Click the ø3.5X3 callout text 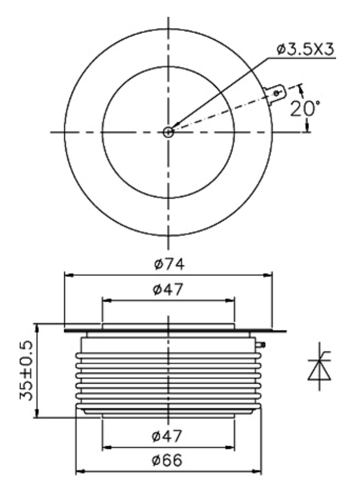click(305, 49)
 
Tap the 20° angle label click(305, 109)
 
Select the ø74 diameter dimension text click(169, 264)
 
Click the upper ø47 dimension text click(168, 289)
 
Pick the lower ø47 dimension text click(167, 436)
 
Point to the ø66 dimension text click(167, 460)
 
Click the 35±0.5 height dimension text click(26, 371)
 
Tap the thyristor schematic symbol click(319, 367)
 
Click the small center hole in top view click(168, 132)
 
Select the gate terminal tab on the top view click(275, 94)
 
